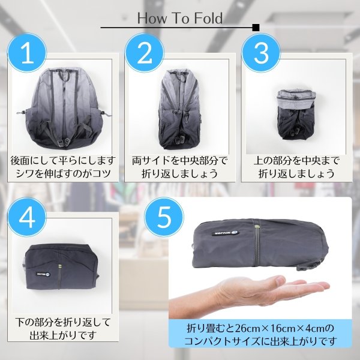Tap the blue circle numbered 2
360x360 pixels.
[x=145, y=54]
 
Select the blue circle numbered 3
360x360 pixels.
[x=261, y=54]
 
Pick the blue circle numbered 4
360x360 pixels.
[x=28, y=218]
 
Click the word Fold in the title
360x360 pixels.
[x=205, y=18]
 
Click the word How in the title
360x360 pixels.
[x=151, y=18]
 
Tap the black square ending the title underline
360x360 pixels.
[x=256, y=28]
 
